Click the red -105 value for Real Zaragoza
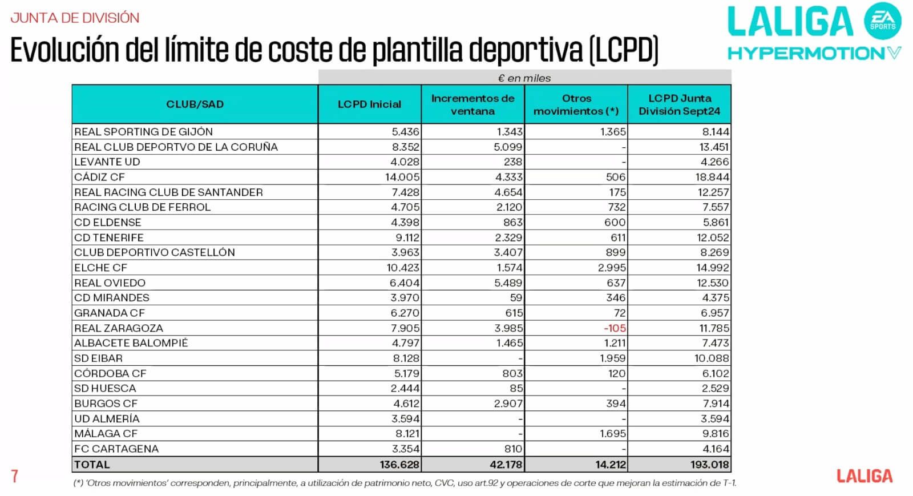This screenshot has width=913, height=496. pyautogui.click(x=615, y=328)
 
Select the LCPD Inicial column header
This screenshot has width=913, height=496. pyautogui.click(x=369, y=104)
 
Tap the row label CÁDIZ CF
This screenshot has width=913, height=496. pyautogui.click(x=100, y=177)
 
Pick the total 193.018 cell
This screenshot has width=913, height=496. pyautogui.click(x=709, y=465)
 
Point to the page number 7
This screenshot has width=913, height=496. pyautogui.click(x=15, y=476)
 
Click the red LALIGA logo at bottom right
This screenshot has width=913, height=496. pyautogui.click(x=864, y=476)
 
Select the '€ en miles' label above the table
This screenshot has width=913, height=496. pyautogui.click(x=524, y=78)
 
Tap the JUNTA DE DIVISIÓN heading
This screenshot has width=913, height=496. pyautogui.click(x=75, y=18)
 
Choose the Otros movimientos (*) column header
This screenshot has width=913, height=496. pyautogui.click(x=576, y=104)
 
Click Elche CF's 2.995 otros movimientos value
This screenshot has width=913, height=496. pyautogui.click(x=612, y=268)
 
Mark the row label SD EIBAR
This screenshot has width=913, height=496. pyautogui.click(x=99, y=358)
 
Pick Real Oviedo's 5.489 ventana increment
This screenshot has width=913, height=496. pyautogui.click(x=508, y=283)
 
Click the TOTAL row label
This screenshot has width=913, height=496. pyautogui.click(x=92, y=465)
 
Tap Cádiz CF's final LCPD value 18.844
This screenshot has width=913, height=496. pyautogui.click(x=712, y=177)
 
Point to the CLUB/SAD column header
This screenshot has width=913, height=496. pyautogui.click(x=195, y=104)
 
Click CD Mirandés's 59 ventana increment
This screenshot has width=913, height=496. pyautogui.click(x=516, y=298)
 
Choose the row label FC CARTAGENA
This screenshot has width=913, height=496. pyautogui.click(x=116, y=449)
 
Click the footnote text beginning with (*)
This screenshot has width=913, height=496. pyautogui.click(x=404, y=483)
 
